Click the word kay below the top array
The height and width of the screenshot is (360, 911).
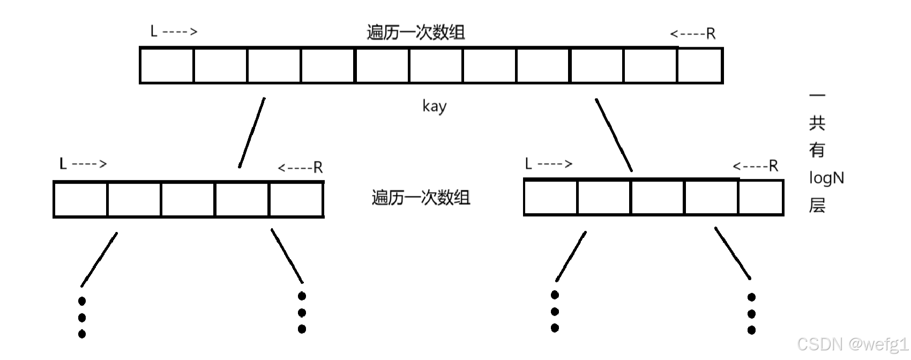434,106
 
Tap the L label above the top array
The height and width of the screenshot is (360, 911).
154,32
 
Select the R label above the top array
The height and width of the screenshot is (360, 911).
711,34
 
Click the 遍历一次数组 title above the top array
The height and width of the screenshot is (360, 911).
415,33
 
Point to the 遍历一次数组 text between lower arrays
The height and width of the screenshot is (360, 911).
421,198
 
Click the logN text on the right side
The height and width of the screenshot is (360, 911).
826,178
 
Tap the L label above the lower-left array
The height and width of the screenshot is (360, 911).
63,164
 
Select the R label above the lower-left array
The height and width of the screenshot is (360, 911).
318,168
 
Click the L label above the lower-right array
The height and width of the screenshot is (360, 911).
528,164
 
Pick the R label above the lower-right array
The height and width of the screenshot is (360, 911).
773,166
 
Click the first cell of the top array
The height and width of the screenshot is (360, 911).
167,66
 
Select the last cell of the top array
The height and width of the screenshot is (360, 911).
700,66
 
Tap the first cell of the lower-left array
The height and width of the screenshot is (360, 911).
81,199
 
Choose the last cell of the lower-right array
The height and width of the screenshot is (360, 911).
760,198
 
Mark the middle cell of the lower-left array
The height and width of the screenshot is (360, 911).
188,199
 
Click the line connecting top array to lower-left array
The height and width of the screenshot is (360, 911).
252,133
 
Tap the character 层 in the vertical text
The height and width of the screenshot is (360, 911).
817,205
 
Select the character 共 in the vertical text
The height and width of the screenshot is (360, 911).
817,123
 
